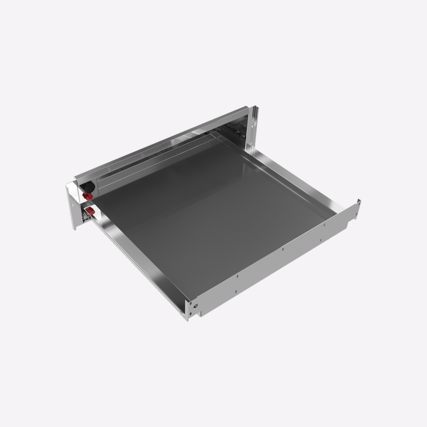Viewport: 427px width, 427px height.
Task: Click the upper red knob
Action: point(87,196)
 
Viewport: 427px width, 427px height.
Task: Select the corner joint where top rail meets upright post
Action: point(249,109)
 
